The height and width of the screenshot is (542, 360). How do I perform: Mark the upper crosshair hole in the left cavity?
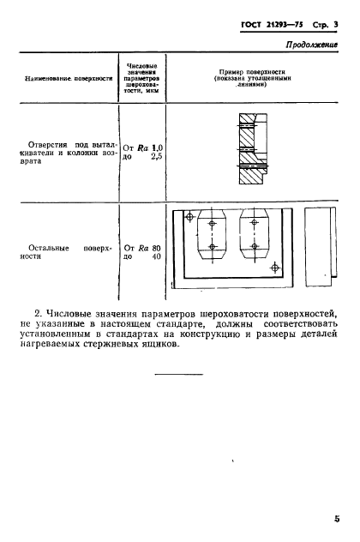pyautogui.click(x=212, y=223)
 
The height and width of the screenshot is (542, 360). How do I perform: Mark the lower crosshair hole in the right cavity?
pyautogui.click(x=255, y=249)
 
